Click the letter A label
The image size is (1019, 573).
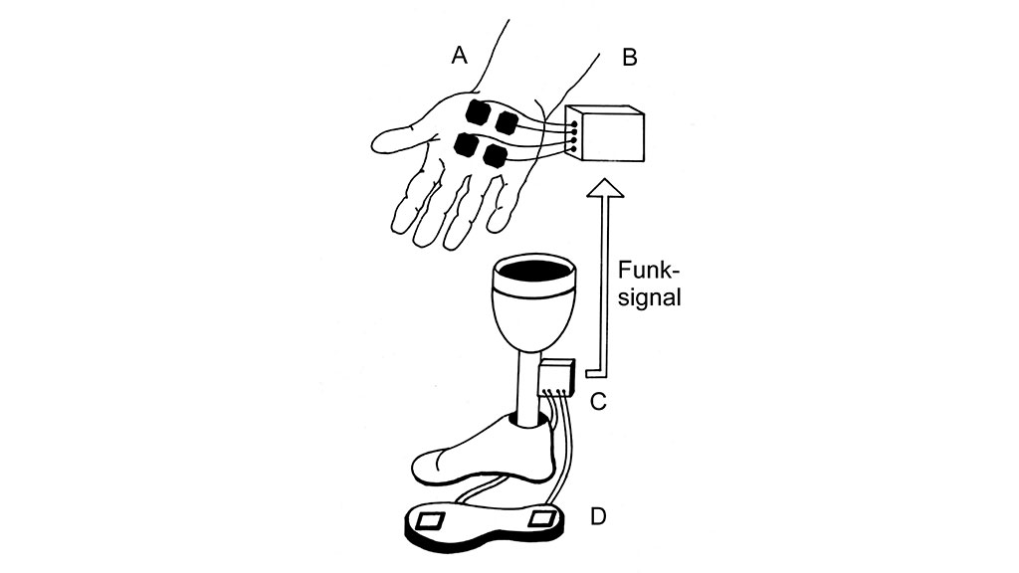tap(459, 56)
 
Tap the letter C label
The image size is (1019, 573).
tap(599, 402)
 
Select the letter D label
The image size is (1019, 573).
tap(598, 516)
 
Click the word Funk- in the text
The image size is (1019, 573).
tap(647, 270)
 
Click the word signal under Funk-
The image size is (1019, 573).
tap(649, 297)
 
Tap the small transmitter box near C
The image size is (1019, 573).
tap(559, 377)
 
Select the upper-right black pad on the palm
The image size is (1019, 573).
tap(508, 124)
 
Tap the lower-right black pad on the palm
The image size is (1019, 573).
tap(493, 155)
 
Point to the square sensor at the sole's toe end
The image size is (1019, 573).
tap(432, 520)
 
